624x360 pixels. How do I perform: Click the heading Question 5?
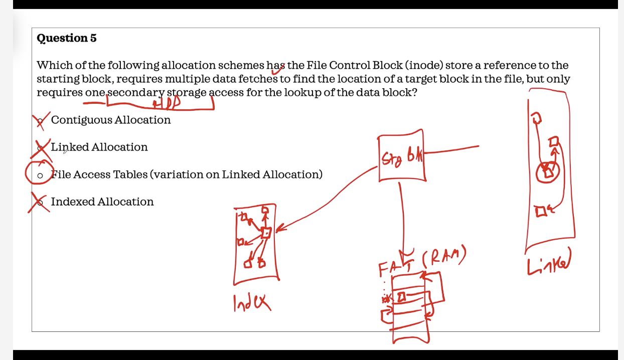click(x=67, y=38)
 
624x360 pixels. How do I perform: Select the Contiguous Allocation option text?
click(x=110, y=120)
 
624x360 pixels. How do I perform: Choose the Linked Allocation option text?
click(x=99, y=147)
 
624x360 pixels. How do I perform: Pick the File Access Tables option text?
click(x=187, y=174)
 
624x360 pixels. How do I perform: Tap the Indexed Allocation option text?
click(x=102, y=202)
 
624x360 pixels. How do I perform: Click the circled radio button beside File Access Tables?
click(x=40, y=175)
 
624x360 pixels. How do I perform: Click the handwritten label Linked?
click(x=549, y=265)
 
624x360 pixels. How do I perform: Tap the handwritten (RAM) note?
click(x=444, y=258)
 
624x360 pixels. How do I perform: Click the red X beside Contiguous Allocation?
click(x=41, y=120)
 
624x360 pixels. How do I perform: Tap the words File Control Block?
click(x=354, y=65)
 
